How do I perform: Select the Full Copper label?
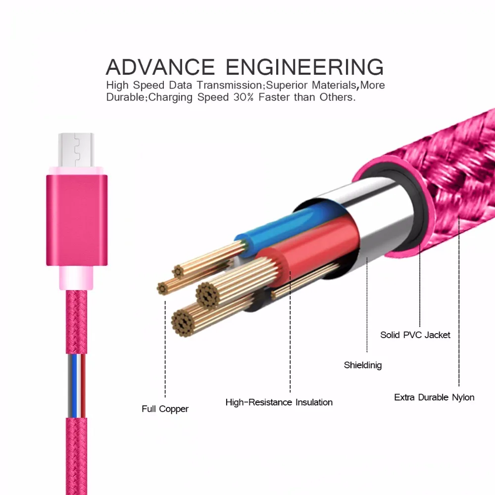165,409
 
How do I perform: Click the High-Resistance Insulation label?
279,402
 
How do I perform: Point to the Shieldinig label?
363,365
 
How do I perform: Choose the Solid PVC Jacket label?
415,335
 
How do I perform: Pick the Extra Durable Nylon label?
434,397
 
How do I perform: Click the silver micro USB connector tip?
76,150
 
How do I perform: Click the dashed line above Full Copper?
165,346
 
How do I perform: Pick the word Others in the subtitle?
337,97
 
